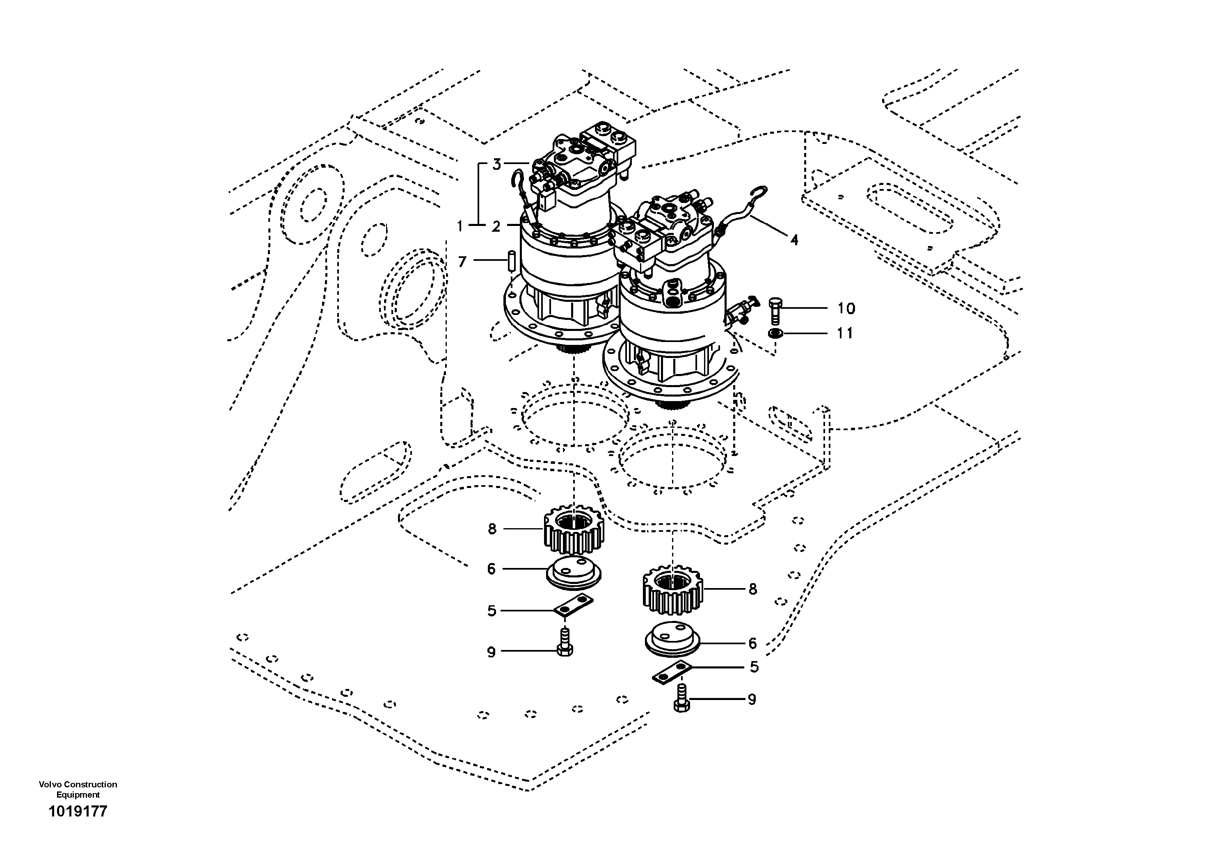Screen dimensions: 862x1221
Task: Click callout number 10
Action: [x=846, y=308]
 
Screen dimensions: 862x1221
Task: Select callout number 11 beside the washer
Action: [x=845, y=333]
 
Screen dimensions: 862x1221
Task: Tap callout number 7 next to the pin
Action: [x=462, y=262]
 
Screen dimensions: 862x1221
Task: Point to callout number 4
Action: [x=794, y=240]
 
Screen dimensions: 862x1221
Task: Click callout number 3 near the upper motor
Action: [x=496, y=165]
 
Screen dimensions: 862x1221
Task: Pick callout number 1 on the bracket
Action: [x=460, y=226]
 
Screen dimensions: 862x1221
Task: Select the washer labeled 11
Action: [x=775, y=334]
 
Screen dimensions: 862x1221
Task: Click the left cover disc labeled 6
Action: [x=574, y=572]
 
